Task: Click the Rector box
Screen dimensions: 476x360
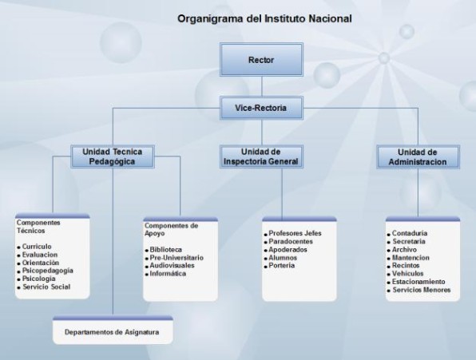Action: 261,59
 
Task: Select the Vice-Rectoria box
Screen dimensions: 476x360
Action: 261,108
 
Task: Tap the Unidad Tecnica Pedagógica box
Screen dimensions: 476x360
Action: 113,156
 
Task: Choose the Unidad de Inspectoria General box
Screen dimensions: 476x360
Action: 261,156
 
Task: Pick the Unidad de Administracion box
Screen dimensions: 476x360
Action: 418,156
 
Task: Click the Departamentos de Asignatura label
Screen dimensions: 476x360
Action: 112,332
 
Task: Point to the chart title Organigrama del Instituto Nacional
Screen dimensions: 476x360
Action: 264,19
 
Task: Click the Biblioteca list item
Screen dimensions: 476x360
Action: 166,250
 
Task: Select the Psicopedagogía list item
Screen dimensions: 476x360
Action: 48,271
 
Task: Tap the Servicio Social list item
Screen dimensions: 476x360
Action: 46,287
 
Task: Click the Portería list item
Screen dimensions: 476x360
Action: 282,265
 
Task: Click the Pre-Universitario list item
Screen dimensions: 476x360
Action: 177,258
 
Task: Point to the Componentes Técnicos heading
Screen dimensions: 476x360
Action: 38,227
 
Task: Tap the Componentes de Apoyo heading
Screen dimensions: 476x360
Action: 171,229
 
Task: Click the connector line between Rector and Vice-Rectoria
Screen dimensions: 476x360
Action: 262,86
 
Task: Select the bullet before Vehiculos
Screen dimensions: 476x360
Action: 389,275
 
